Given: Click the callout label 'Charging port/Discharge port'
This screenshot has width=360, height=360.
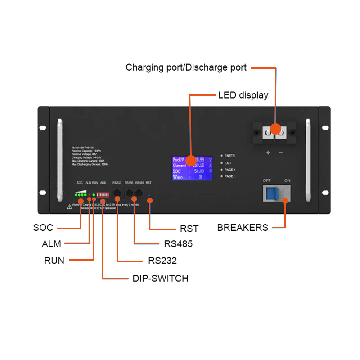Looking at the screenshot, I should (x=186, y=68).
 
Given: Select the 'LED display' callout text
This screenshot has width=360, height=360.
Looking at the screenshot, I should (x=243, y=95).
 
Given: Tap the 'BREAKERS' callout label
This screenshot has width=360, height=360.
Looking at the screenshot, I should (x=243, y=228).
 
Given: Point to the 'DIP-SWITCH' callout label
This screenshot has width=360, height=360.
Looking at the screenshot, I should (x=160, y=279).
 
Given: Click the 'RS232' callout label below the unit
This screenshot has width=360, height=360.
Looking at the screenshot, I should (x=162, y=261).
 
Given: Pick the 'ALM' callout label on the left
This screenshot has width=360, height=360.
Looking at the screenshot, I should (x=51, y=244).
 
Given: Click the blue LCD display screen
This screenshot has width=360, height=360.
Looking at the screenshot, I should (x=192, y=168).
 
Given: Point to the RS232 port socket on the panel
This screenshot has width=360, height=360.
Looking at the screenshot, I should (x=117, y=193).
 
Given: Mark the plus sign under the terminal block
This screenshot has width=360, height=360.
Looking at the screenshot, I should (x=268, y=153).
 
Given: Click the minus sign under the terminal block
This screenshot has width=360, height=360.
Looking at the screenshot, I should (x=281, y=153).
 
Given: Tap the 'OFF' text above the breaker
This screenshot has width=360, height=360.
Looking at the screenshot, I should (x=267, y=180).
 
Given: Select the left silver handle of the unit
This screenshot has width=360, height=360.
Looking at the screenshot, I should (x=58, y=160).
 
